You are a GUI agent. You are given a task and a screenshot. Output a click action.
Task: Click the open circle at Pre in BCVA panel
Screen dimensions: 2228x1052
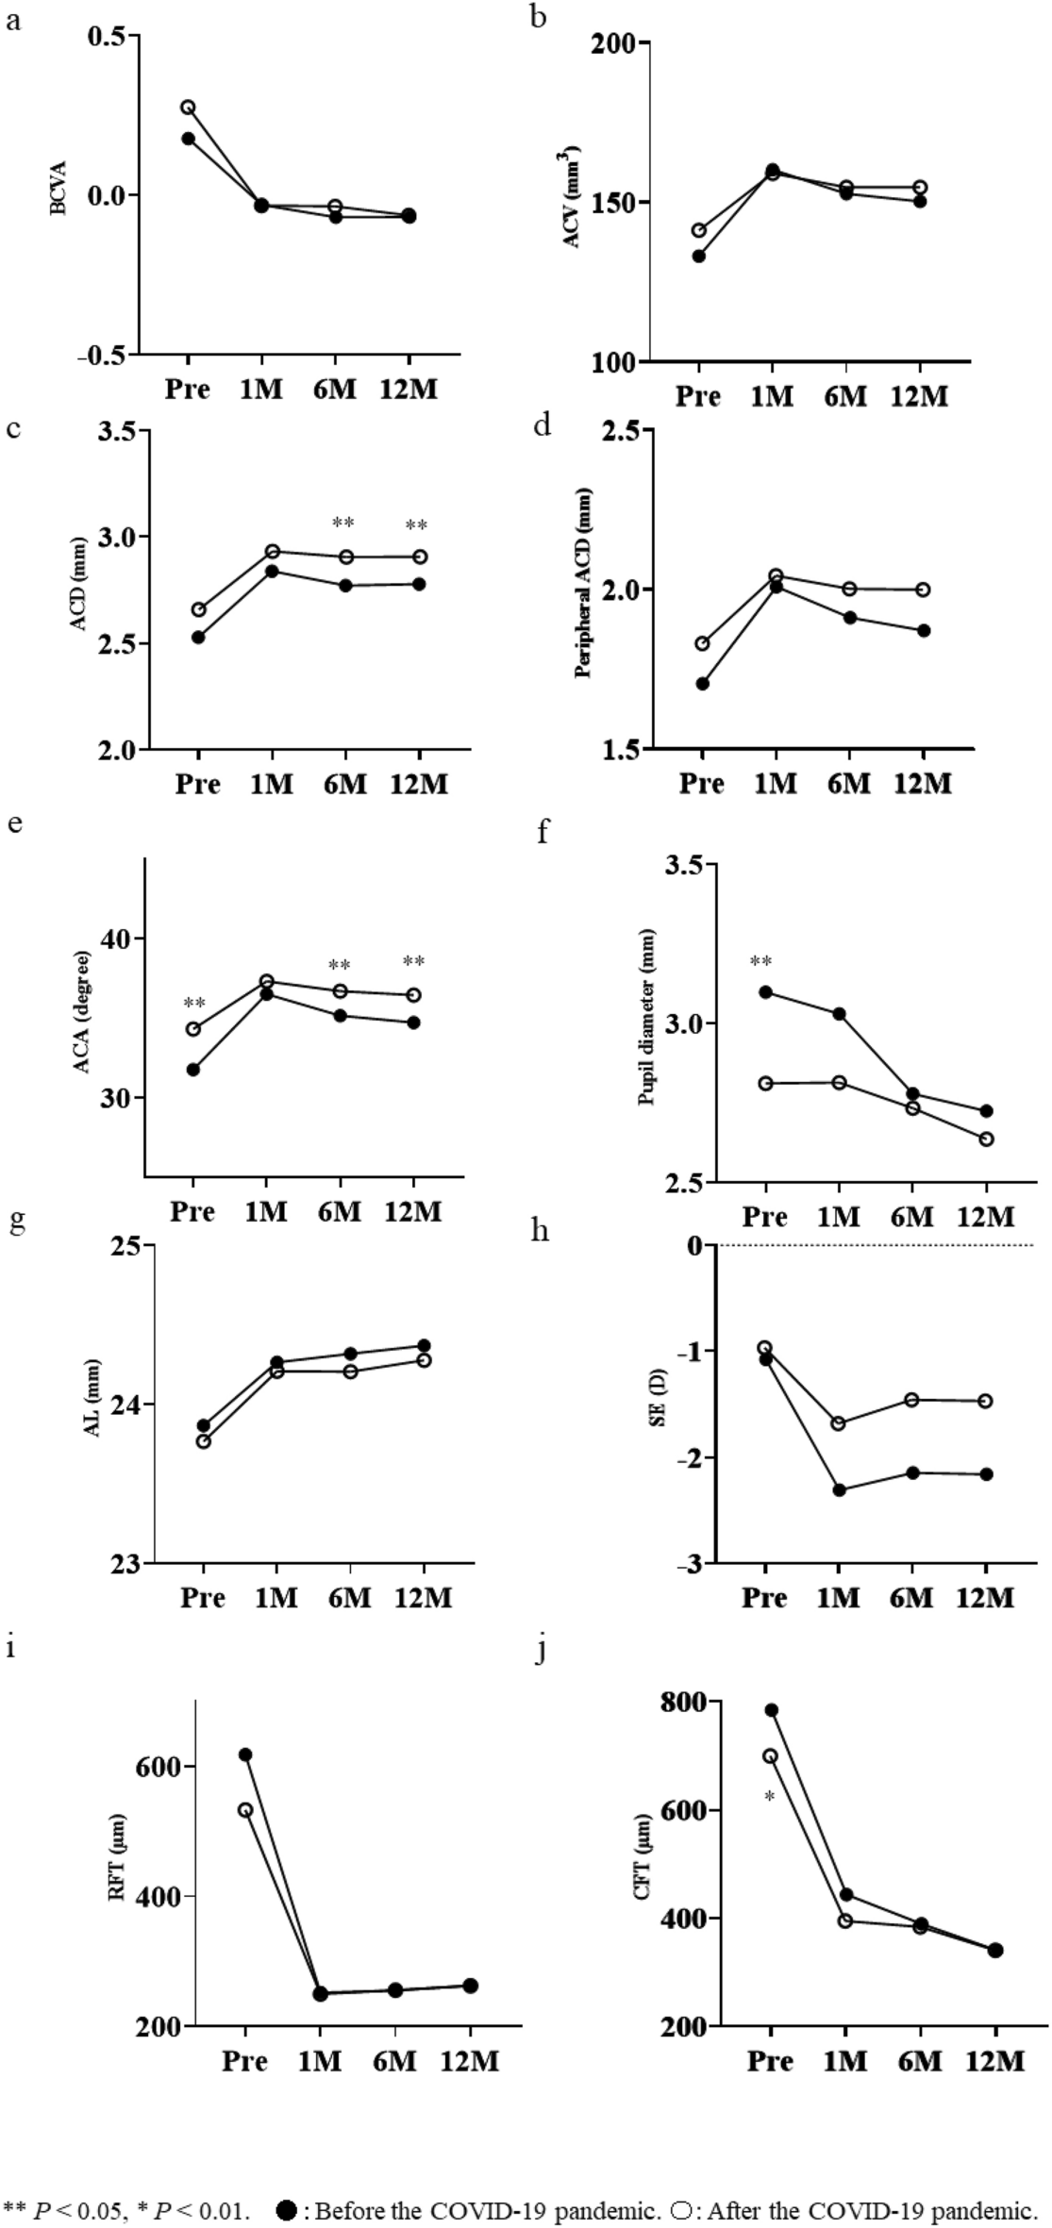point(189,108)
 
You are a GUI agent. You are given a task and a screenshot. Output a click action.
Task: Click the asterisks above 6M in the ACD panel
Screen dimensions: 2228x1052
point(343,524)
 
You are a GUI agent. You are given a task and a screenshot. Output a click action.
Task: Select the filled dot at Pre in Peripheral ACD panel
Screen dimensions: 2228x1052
point(702,683)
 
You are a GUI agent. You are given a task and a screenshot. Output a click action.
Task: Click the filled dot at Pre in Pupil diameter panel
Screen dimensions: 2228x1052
point(765,992)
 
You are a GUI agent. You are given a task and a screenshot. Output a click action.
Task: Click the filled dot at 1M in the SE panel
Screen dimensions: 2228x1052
point(839,1490)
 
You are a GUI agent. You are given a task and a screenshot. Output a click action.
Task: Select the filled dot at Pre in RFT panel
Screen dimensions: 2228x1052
point(245,1754)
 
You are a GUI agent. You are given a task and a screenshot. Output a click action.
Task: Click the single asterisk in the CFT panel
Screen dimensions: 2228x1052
point(770,1799)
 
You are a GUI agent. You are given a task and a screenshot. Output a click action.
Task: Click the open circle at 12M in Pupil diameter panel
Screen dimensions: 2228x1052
point(986,1139)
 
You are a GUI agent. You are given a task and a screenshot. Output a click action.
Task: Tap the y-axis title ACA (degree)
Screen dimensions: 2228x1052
point(82,1013)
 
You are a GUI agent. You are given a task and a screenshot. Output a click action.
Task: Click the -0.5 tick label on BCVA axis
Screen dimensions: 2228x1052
point(105,356)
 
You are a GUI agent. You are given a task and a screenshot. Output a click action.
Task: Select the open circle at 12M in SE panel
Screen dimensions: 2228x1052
point(986,1401)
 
